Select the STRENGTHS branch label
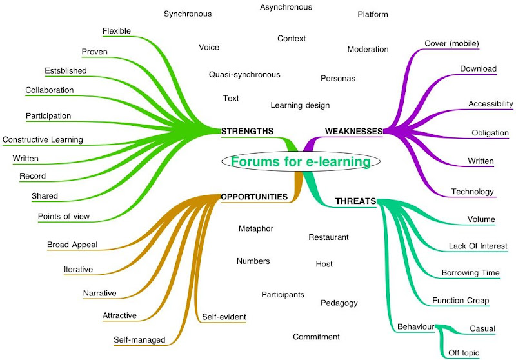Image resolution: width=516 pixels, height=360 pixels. (x=247, y=131)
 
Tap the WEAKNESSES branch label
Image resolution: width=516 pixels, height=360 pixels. (x=353, y=131)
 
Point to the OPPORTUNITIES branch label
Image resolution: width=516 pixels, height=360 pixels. (x=254, y=196)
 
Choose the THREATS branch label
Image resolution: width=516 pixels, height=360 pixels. (x=355, y=201)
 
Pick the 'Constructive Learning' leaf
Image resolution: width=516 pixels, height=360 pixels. (x=43, y=139)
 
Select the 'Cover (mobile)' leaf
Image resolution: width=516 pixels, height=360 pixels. (x=451, y=44)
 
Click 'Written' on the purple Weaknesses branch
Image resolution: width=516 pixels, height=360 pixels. (x=481, y=161)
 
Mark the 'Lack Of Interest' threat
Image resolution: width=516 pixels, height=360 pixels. (x=478, y=246)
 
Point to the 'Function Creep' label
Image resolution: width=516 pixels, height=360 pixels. (x=461, y=300)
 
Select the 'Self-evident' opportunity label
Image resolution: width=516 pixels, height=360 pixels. (x=224, y=316)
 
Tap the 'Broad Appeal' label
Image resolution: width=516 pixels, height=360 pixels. (x=72, y=245)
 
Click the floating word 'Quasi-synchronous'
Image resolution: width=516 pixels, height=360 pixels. (x=244, y=74)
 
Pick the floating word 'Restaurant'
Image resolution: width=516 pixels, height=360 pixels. (x=328, y=237)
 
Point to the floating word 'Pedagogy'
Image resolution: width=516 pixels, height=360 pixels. (x=339, y=303)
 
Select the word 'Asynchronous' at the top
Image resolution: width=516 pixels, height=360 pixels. (x=286, y=7)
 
